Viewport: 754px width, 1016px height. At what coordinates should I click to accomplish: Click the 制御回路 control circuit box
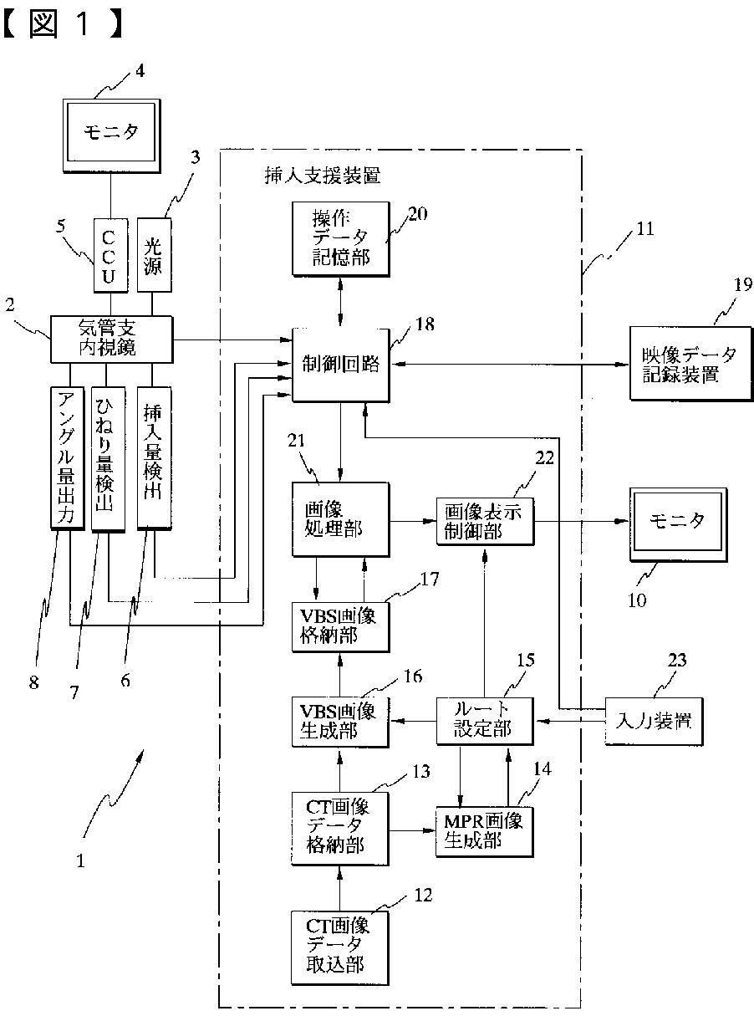(x=341, y=365)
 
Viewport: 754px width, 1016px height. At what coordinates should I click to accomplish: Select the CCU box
(x=110, y=255)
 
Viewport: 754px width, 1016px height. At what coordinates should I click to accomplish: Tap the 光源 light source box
(x=155, y=255)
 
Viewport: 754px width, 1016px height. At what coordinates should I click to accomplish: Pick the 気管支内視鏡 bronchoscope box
(x=111, y=340)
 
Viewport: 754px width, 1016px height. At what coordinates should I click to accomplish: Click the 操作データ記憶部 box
(x=341, y=238)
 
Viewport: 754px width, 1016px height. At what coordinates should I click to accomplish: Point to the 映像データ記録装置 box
(x=690, y=364)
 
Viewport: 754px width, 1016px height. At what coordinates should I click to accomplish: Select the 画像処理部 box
(x=341, y=519)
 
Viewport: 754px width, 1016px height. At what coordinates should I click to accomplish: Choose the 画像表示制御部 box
(x=485, y=521)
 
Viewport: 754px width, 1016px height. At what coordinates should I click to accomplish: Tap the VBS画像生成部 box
(x=340, y=722)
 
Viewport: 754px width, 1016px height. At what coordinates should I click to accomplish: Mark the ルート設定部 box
(x=485, y=722)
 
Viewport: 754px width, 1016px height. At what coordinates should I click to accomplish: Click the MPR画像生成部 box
(x=485, y=832)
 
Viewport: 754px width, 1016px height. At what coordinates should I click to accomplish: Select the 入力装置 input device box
(x=654, y=722)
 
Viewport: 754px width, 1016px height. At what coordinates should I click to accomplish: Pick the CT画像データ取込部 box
(x=340, y=947)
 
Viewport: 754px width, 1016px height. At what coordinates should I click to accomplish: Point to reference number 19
(x=743, y=285)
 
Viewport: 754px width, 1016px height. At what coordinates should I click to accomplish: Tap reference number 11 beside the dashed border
(x=645, y=229)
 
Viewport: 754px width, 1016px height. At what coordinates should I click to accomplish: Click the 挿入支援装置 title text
(x=323, y=176)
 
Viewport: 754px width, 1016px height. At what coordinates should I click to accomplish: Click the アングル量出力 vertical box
(x=67, y=458)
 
